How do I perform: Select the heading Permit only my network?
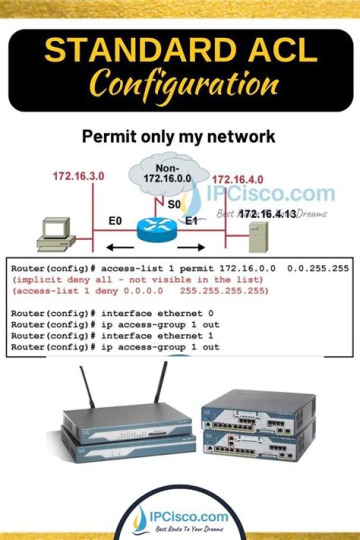178,136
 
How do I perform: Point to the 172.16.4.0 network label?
237,179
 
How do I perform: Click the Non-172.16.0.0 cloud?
168,172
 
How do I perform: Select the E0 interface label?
115,220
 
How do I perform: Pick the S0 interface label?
174,204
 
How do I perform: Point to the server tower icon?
258,236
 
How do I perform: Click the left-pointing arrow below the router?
120,246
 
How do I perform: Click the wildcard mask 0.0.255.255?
317,269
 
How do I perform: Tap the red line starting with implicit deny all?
137,279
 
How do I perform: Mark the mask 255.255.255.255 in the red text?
224,290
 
